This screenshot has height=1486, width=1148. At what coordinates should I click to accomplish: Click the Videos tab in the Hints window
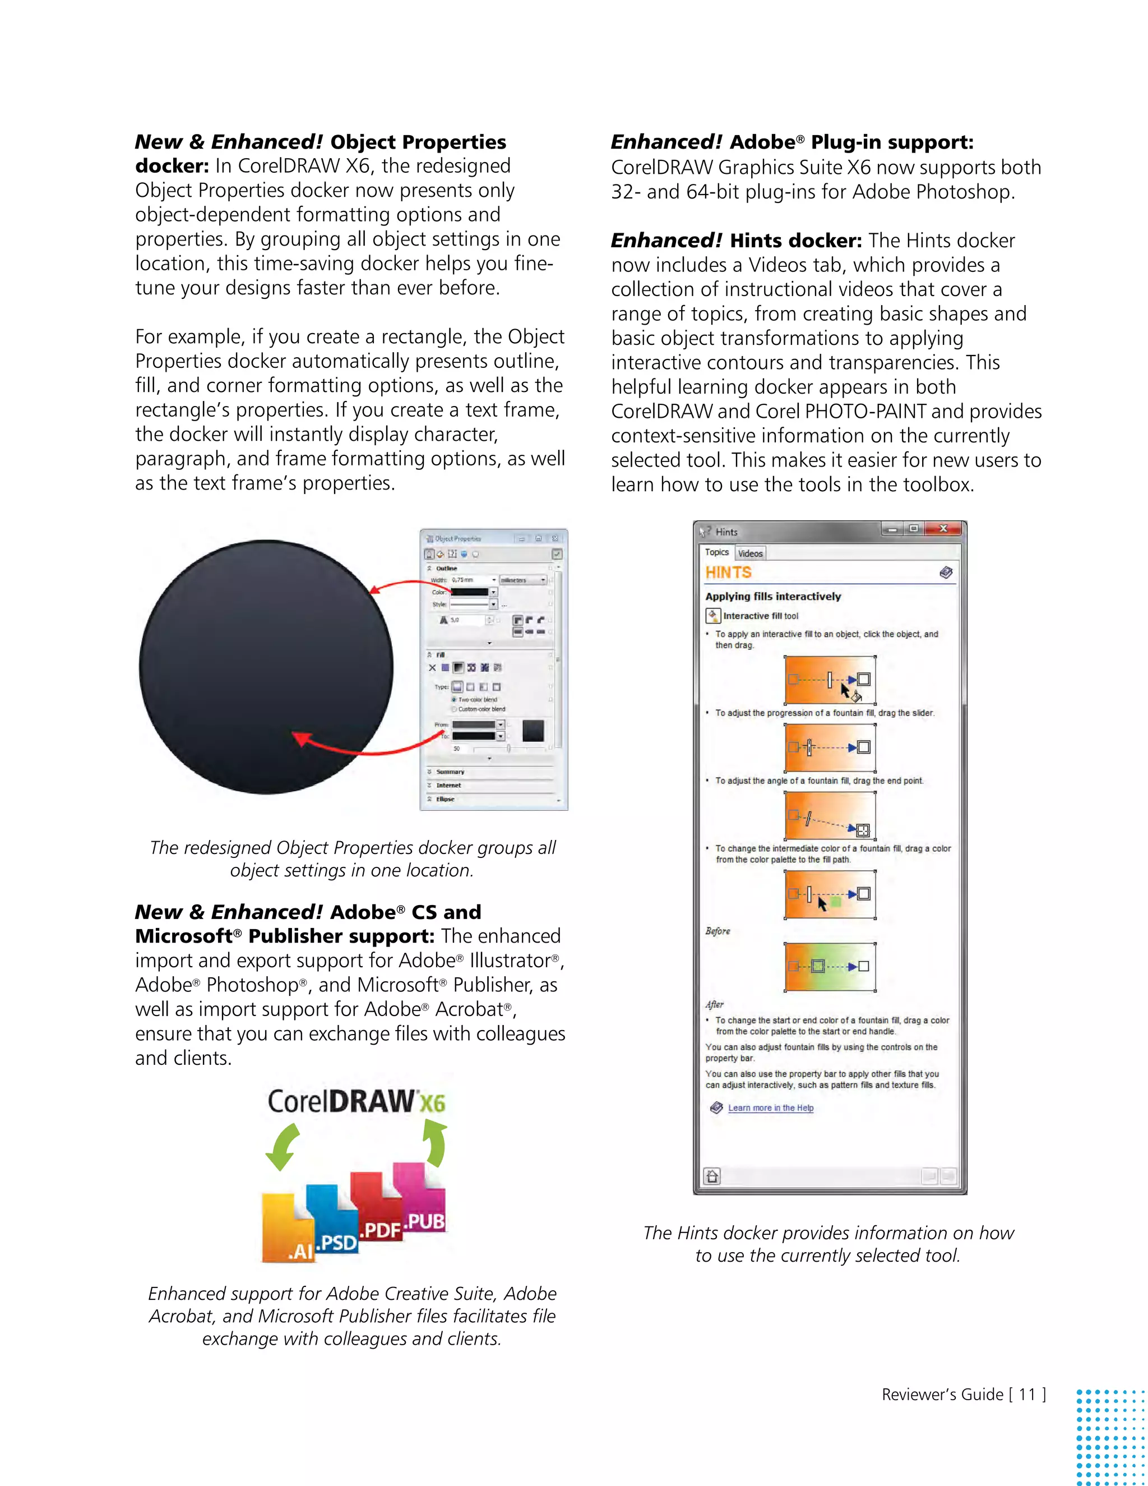point(750,553)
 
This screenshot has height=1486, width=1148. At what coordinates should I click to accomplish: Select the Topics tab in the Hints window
point(716,552)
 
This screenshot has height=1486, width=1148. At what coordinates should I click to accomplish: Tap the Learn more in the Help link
point(771,1107)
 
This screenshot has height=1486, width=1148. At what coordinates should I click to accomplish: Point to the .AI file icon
point(287,1231)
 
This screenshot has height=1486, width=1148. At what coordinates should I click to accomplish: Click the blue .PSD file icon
point(334,1221)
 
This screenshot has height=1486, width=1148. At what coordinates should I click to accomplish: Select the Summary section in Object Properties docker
point(450,772)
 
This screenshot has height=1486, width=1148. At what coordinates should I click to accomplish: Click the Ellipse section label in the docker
point(446,799)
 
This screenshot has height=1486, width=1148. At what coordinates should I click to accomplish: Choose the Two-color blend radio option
point(454,699)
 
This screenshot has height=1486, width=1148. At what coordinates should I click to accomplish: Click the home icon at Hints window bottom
point(712,1176)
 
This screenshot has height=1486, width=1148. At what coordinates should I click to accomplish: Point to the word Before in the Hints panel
point(717,931)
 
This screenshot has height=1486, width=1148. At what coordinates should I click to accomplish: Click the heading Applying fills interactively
point(772,596)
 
